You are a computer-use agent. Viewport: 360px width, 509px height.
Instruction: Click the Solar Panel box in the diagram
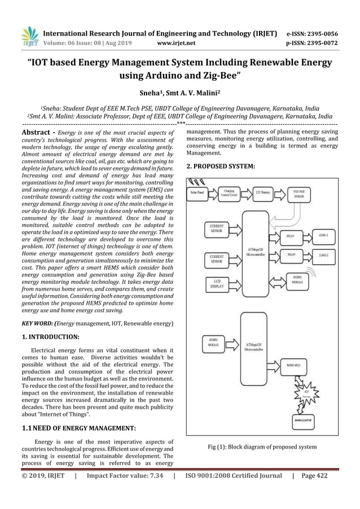(x=197, y=192)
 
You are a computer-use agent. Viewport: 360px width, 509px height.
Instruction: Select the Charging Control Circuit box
(x=230, y=192)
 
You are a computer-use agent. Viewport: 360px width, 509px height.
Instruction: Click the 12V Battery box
(x=263, y=192)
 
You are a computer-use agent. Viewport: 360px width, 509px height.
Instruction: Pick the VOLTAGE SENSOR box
(x=298, y=194)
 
